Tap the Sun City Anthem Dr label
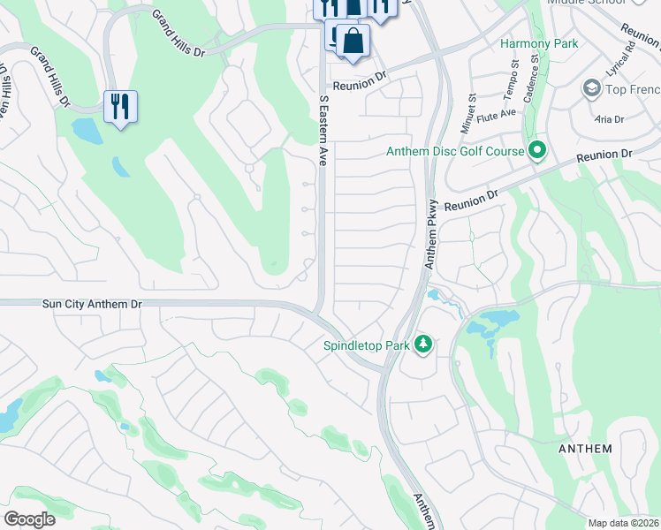click(92, 303)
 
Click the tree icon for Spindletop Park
click(423, 344)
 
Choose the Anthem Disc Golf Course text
click(455, 151)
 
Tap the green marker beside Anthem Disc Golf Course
click(536, 151)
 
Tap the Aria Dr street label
click(610, 119)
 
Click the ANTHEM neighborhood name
click(585, 449)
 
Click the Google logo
click(29, 519)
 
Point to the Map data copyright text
click(624, 523)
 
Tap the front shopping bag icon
click(353, 41)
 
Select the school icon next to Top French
click(591, 88)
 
